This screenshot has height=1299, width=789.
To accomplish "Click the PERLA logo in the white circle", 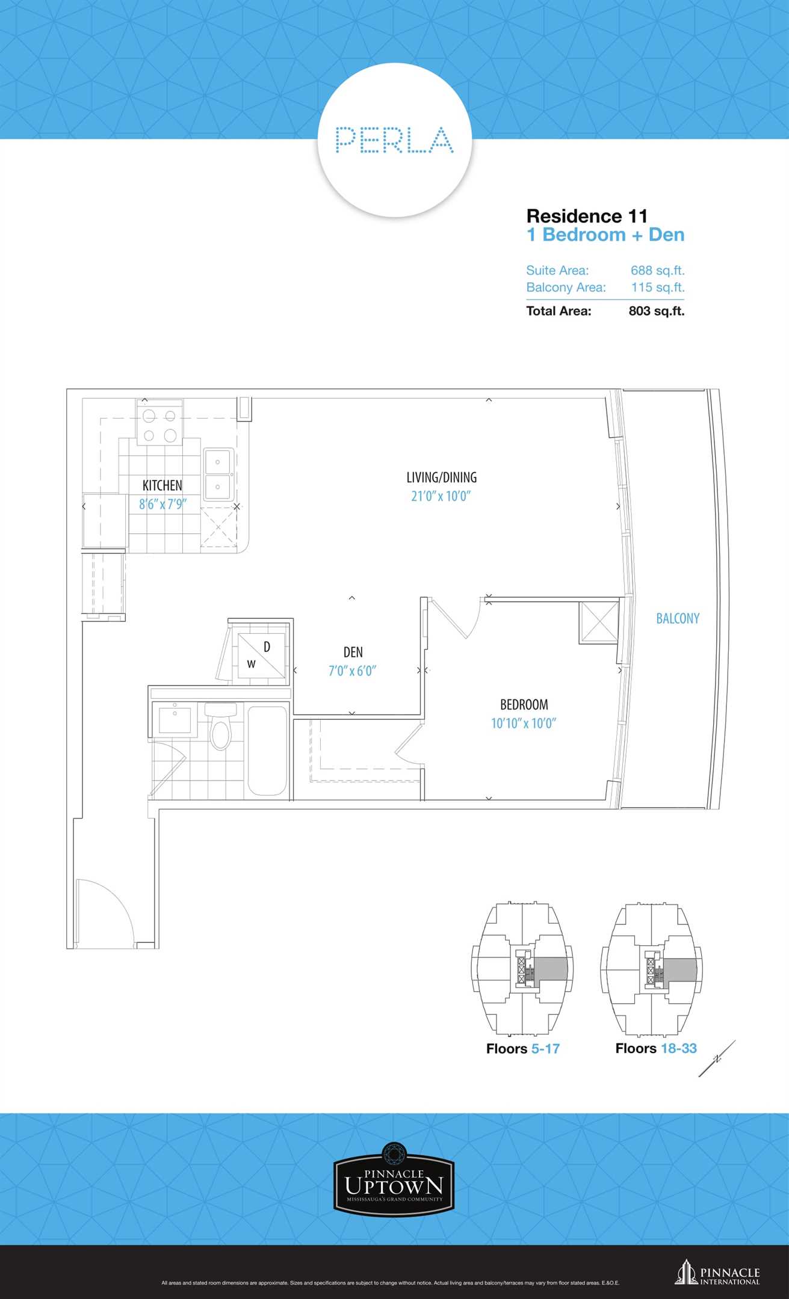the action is pyautogui.click(x=394, y=140).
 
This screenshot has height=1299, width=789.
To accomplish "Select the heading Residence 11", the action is pyautogui.click(x=587, y=216).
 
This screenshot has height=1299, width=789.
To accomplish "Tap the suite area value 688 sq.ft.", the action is pyautogui.click(x=657, y=271).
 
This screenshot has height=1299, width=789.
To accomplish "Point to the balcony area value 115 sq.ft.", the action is pyautogui.click(x=658, y=287).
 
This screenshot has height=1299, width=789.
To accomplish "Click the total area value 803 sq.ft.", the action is pyautogui.click(x=657, y=311).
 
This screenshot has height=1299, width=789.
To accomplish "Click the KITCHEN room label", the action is pyautogui.click(x=162, y=485).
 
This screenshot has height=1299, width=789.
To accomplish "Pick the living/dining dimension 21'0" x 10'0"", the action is pyautogui.click(x=441, y=496).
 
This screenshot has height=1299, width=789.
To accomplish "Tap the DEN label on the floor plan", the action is pyautogui.click(x=353, y=652).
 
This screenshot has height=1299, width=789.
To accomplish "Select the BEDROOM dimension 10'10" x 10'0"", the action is pyautogui.click(x=524, y=723).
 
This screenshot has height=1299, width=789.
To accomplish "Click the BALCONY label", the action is pyautogui.click(x=678, y=618).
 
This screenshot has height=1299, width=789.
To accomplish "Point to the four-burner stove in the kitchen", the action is pyautogui.click(x=159, y=426).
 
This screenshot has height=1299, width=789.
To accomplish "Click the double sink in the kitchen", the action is pyautogui.click(x=218, y=474).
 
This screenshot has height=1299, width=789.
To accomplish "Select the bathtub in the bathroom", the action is pyautogui.click(x=267, y=751).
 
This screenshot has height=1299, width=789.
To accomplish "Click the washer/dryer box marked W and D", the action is pyautogui.click(x=262, y=656).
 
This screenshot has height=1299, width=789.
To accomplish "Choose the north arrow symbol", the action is pyautogui.click(x=717, y=1059).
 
